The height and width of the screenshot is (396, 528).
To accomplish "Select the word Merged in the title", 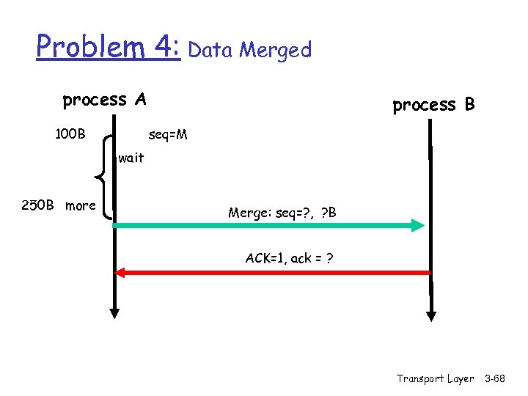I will [x=276, y=50].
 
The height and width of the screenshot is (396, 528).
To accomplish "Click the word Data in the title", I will [x=212, y=50].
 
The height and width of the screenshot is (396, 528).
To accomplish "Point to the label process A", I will [x=104, y=100].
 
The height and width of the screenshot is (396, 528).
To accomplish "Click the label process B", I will [x=433, y=105].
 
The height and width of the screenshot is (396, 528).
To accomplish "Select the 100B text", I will [x=70, y=134].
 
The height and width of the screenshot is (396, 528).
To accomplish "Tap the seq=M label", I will [x=168, y=135].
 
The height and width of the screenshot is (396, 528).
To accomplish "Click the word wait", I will [x=131, y=158].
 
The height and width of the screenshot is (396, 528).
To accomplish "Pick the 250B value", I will [x=38, y=205].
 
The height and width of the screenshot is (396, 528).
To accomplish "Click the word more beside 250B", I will [x=80, y=205].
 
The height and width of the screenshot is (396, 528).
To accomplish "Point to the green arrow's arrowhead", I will [x=417, y=225].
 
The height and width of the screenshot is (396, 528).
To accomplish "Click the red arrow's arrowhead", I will [x=121, y=273].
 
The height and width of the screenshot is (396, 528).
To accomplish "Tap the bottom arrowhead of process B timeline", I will [x=432, y=316].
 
